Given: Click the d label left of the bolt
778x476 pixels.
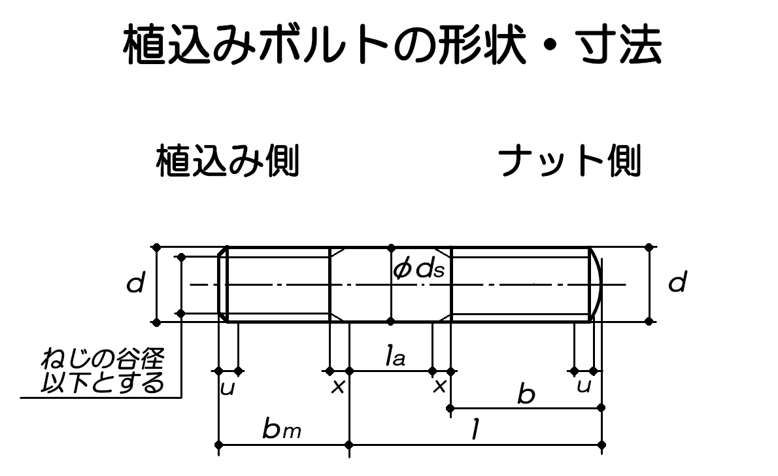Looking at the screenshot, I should coord(135,285).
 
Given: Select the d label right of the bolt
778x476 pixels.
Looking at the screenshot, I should coord(679,284).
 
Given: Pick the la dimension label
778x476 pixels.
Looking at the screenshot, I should coord(396,357).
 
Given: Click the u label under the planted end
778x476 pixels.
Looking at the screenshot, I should coord(227,388).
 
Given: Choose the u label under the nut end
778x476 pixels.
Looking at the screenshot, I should coord(584,386).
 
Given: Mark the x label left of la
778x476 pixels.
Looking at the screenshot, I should coord(338,387).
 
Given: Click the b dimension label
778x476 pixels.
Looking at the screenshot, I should coord(525,394).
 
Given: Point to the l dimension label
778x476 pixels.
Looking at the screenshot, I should coord(478,430).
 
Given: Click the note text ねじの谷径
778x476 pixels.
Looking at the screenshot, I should coord(103,359).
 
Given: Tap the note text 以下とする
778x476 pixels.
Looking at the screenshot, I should coord(103,382).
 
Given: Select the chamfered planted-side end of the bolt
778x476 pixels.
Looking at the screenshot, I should coord(223,284).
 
